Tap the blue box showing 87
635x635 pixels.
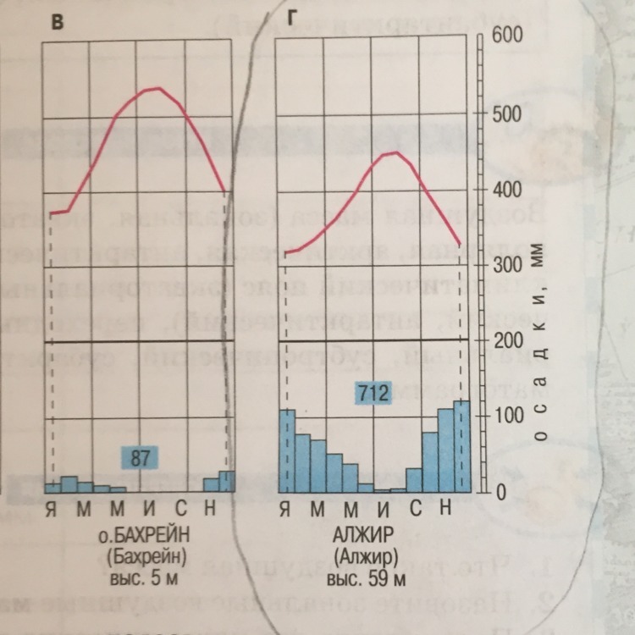pos(141,458)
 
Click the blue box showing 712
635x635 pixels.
pos(373,393)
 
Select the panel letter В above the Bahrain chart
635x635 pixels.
pos(57,23)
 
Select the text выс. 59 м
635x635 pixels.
pos(365,582)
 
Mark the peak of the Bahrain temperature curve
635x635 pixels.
pos(157,88)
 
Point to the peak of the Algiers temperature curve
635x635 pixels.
pos(392,152)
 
